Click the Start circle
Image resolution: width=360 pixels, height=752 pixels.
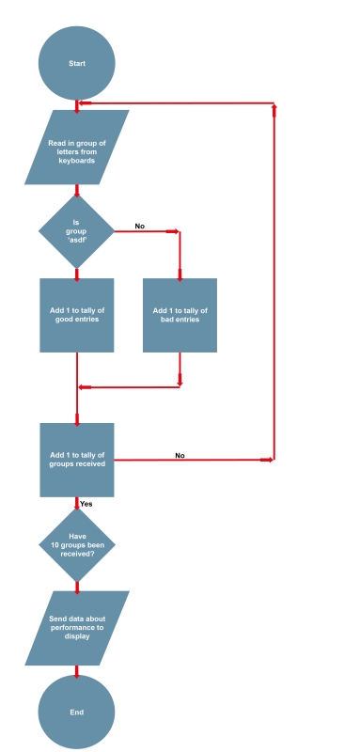(76, 63)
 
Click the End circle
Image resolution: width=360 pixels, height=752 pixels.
(76, 712)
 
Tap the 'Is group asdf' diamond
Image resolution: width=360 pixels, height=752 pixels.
(76, 231)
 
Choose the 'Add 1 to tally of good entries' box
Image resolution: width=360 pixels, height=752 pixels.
(76, 315)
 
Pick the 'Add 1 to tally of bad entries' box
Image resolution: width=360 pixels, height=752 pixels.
(180, 315)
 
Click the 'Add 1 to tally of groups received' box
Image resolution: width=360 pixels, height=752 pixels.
(76, 459)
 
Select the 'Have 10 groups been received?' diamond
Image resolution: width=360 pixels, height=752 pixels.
(76, 545)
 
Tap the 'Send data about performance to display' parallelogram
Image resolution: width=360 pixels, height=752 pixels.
(76, 628)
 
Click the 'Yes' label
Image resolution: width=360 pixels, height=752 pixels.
(86, 504)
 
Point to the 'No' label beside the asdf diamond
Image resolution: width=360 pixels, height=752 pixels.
(139, 226)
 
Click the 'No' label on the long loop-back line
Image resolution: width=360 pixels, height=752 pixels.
(180, 455)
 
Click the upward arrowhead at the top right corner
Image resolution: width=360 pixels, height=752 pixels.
(274, 108)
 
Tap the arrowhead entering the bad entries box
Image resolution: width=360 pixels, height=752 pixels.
(180, 274)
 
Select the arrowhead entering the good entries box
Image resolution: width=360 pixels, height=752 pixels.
(76, 274)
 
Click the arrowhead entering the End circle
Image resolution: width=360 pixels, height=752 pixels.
(76, 673)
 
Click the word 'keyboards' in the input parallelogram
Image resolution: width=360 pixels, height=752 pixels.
(76, 161)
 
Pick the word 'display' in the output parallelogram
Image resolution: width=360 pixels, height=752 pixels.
(76, 636)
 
